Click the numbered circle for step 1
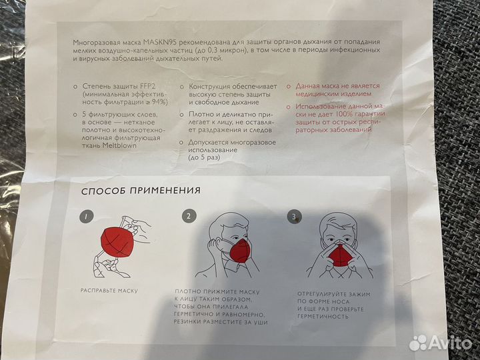pos(85,217)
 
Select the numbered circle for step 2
pos(190,216)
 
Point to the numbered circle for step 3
pos(293,216)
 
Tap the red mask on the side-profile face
pos(238,251)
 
